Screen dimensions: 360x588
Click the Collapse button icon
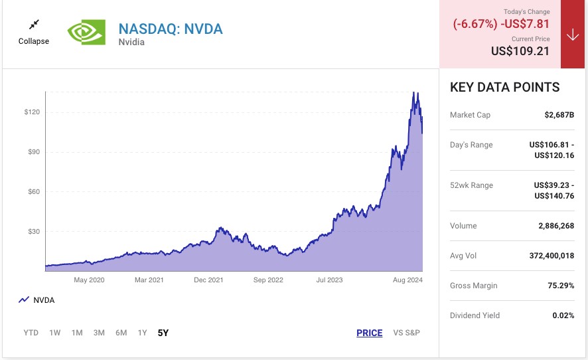pos(34,25)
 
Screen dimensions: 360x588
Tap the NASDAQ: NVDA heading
pos(171,29)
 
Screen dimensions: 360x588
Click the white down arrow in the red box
pos(573,35)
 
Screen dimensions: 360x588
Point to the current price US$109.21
pos(520,51)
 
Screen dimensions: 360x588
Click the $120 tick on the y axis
pos(32,112)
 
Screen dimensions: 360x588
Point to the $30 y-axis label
pos(32,232)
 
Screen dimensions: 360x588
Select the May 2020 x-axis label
pos(90,280)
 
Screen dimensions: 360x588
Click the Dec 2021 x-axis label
pos(208,280)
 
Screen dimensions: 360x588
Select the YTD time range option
pos(31,333)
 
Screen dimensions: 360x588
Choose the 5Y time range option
pos(163,333)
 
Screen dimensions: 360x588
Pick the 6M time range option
pos(121,333)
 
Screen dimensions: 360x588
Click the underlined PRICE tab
pos(369,333)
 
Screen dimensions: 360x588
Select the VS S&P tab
pos(406,333)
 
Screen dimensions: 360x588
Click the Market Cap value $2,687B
pos(559,115)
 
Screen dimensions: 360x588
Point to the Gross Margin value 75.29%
pos(559,286)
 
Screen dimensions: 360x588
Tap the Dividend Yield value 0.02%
pos(563,315)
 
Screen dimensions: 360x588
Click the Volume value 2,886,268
pos(556,226)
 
